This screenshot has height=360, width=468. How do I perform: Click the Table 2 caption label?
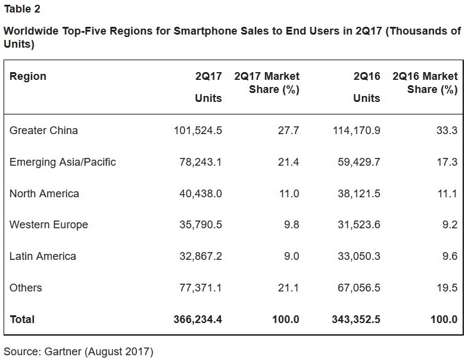22,9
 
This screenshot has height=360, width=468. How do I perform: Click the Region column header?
27,76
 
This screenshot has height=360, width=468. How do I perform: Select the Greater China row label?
43,130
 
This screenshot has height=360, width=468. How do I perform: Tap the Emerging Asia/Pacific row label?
63,162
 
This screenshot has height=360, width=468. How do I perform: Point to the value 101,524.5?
195,130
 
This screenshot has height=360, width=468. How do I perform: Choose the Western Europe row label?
48,225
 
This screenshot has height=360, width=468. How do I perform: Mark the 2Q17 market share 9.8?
290,225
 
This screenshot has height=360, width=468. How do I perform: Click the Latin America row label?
42,256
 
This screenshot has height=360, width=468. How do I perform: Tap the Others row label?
26,288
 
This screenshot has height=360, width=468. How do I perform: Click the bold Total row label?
22,319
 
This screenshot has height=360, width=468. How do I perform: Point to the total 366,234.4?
195,319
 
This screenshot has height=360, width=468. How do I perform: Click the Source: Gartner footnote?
78,352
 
